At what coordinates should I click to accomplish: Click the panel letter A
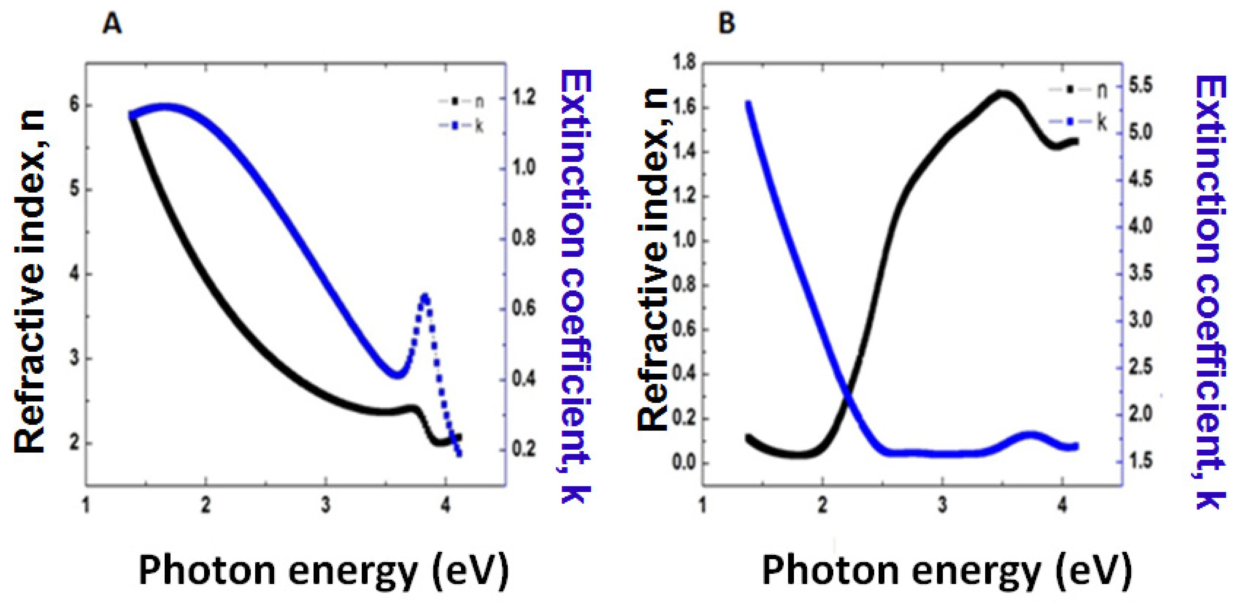pyautogui.click(x=112, y=24)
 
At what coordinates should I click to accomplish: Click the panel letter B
pyautogui.click(x=727, y=24)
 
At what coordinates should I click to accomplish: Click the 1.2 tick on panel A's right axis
pyautogui.click(x=524, y=98)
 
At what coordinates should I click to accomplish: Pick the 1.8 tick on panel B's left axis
pyautogui.click(x=684, y=63)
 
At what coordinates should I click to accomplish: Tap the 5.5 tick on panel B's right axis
pyautogui.click(x=1141, y=86)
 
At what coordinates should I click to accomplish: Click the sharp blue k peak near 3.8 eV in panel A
pyautogui.click(x=424, y=296)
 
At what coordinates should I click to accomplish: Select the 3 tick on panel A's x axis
pyautogui.click(x=326, y=505)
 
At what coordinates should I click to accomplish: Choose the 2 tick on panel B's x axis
pyautogui.click(x=822, y=505)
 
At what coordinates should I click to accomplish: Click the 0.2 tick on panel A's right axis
pyautogui.click(x=524, y=449)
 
